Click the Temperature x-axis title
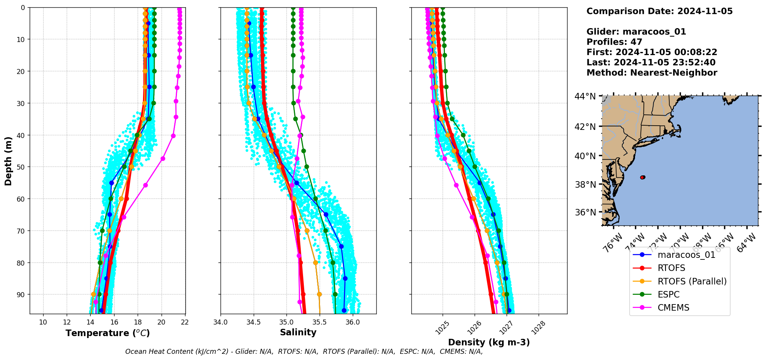(108, 333)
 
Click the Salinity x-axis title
(298, 332)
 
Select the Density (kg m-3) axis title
(489, 342)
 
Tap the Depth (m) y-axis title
(8, 161)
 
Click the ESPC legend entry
(669, 294)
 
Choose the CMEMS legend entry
(673, 308)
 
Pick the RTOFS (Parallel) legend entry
(692, 281)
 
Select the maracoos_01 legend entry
(686, 255)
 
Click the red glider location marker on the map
(642, 177)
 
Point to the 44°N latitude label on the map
(585, 96)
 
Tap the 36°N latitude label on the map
(585, 212)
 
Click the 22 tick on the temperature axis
(185, 322)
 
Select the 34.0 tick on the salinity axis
(221, 322)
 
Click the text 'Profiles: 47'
(614, 42)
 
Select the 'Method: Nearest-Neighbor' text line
(652, 72)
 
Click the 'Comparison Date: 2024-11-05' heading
(659, 11)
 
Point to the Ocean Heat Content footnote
(304, 352)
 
